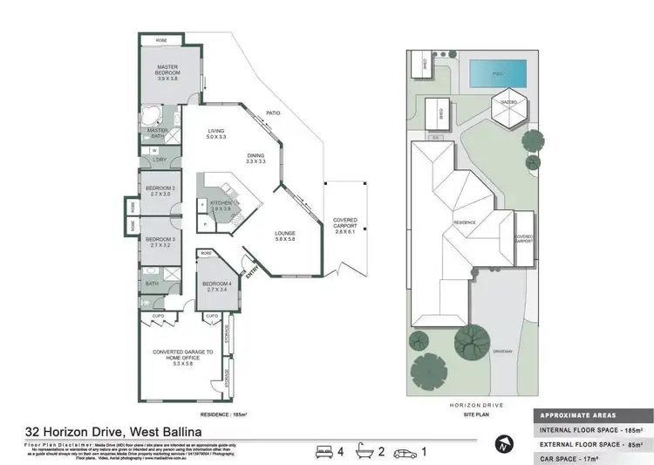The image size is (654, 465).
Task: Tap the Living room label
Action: pyautogui.click(x=216, y=132)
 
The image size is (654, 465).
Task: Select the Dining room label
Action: pyautogui.click(x=255, y=156)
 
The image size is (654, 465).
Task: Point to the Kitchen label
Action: pyautogui.click(x=220, y=203)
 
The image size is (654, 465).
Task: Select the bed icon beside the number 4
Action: pyautogui.click(x=324, y=452)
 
